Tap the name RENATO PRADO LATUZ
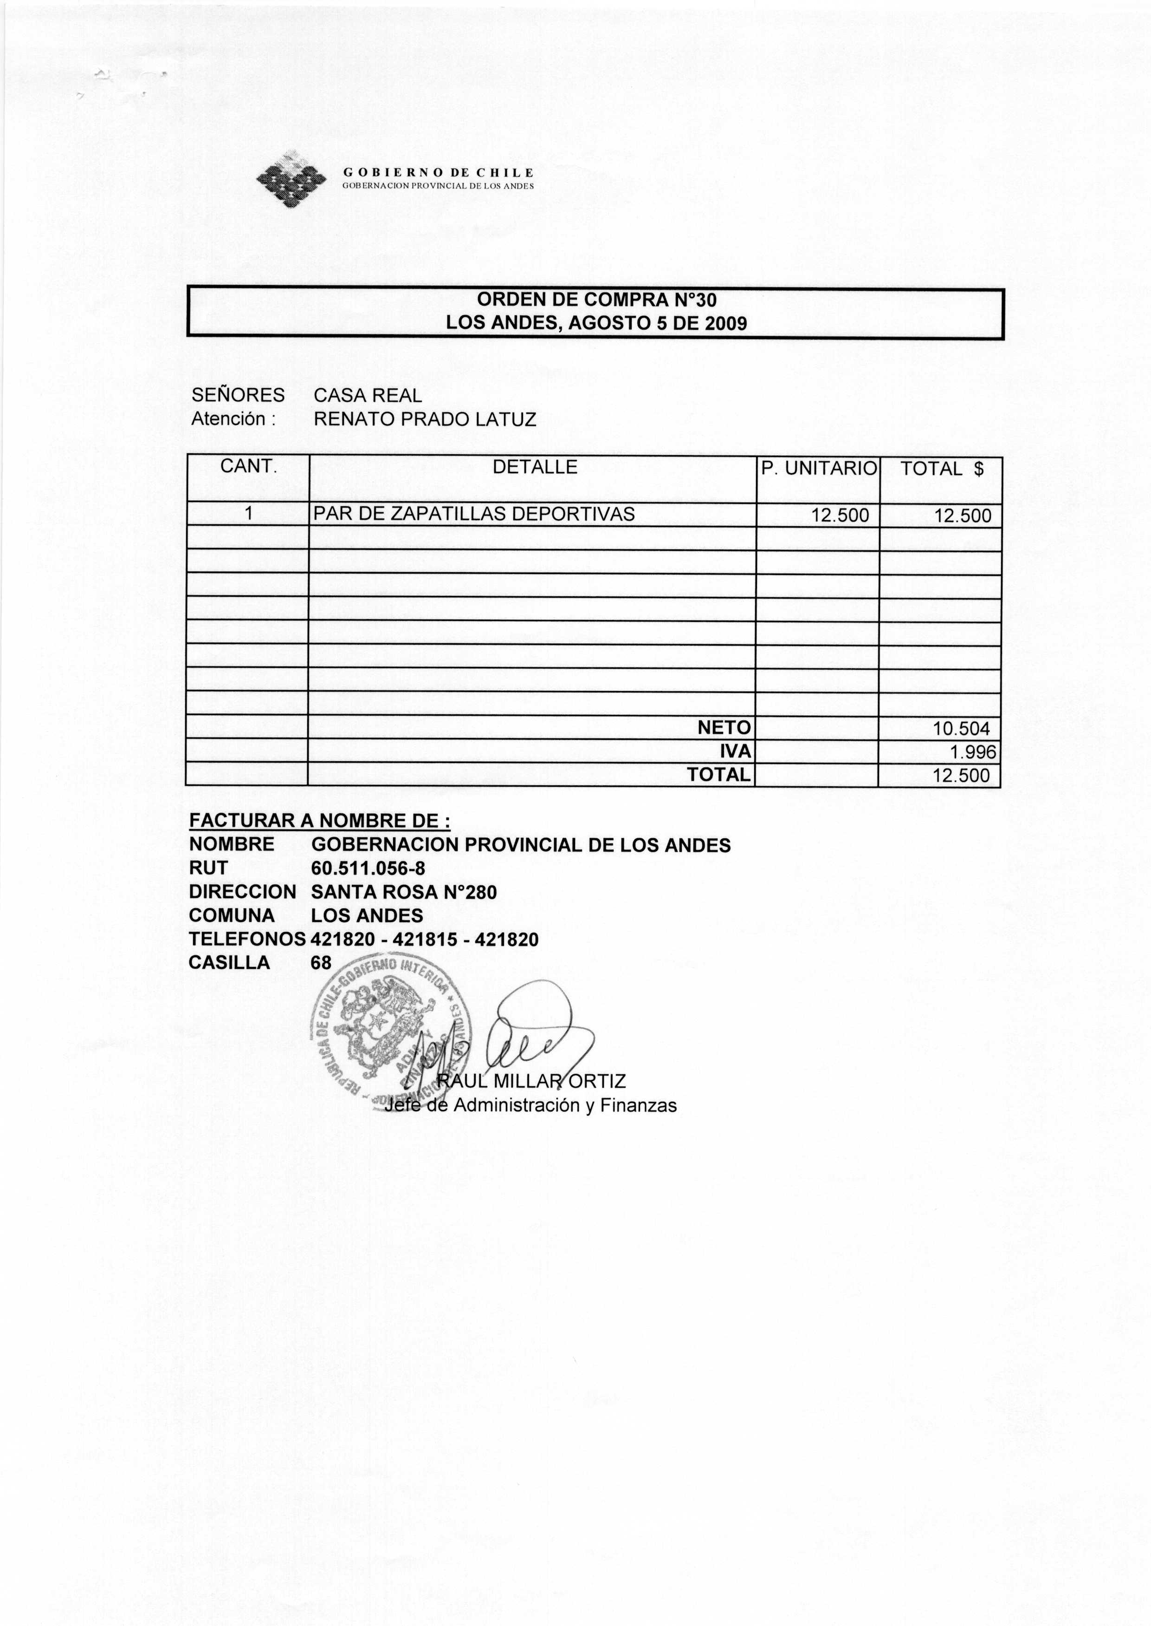point(425,420)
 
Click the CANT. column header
point(247,467)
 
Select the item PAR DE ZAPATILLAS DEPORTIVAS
point(474,515)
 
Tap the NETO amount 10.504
point(961,728)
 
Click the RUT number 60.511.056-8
point(368,869)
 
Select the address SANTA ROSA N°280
point(404,893)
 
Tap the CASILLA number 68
point(321,963)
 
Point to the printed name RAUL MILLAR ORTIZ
point(531,1081)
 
